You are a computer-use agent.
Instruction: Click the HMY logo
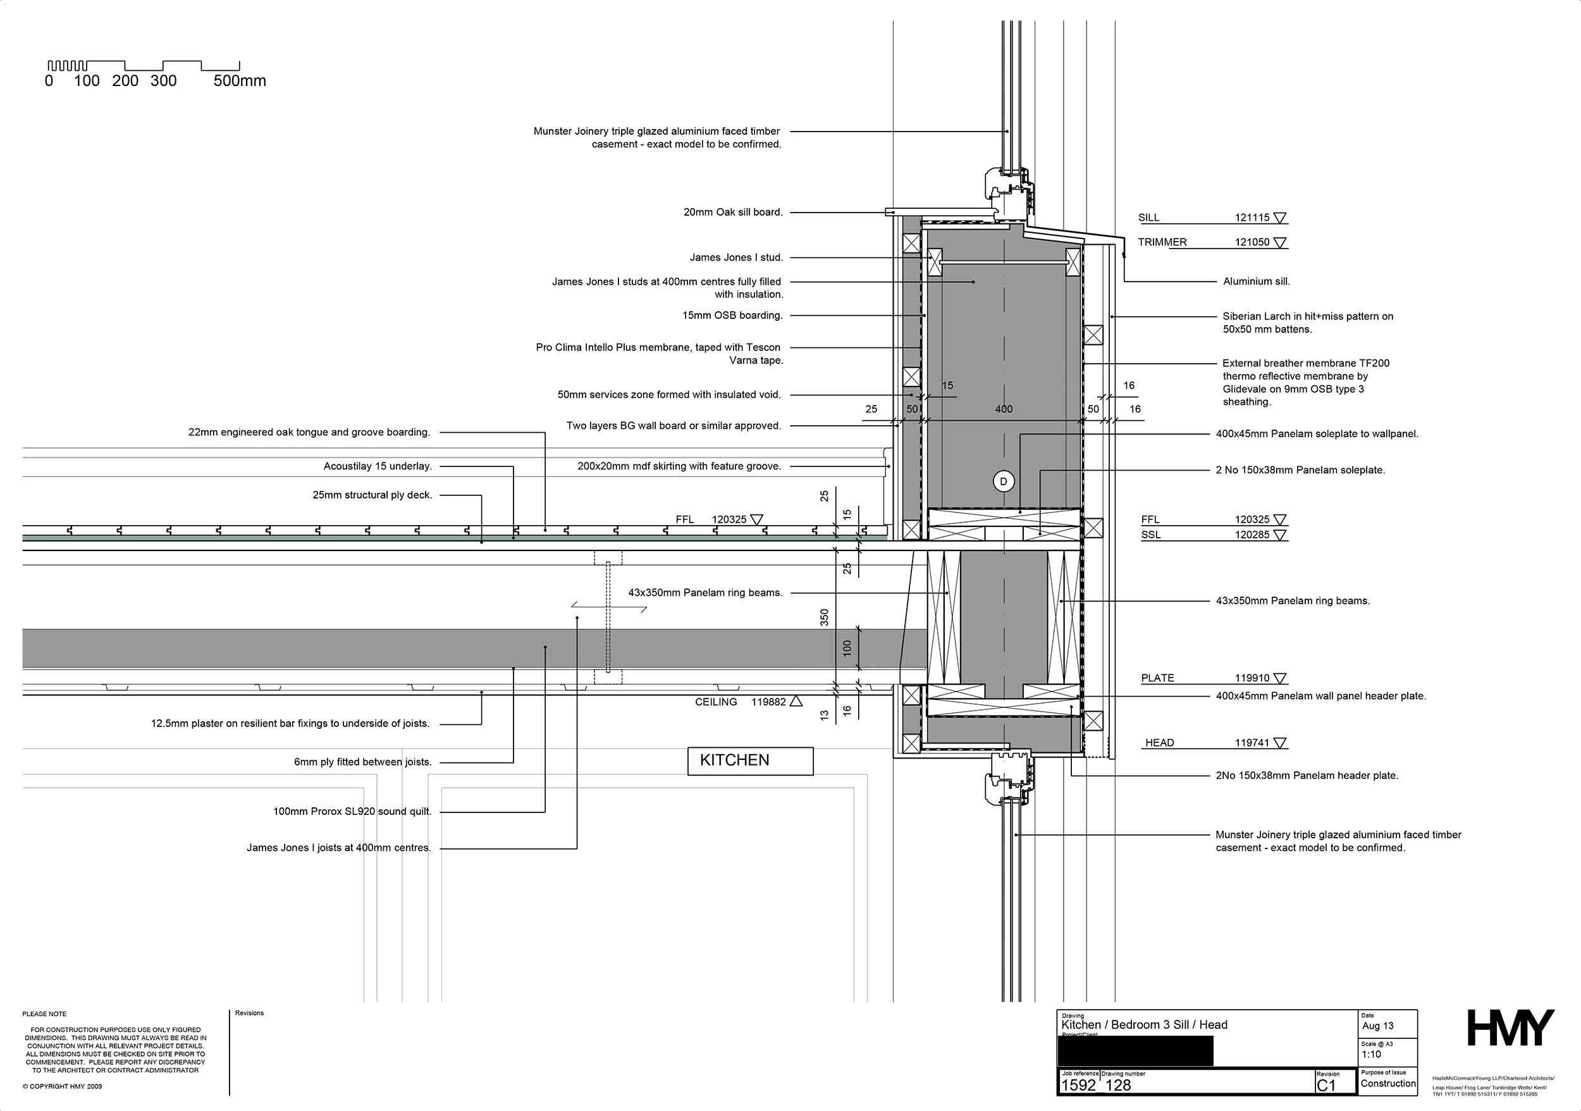(1510, 1028)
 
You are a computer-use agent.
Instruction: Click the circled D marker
(1003, 481)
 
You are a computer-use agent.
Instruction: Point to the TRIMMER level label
(1162, 242)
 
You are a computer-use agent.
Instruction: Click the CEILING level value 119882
(768, 702)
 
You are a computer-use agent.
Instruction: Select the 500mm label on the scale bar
(240, 80)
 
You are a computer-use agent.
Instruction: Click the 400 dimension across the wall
(1003, 409)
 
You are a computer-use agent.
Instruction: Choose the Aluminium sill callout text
(1256, 281)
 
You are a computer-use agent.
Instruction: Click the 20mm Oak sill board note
(733, 212)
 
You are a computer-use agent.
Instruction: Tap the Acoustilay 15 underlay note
(378, 466)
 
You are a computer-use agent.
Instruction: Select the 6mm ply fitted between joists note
(363, 762)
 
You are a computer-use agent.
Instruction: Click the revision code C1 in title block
(1326, 1086)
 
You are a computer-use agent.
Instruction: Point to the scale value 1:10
(1371, 1055)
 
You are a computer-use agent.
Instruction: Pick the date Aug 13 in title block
(1377, 1026)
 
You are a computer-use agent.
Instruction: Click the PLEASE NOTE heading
(44, 1014)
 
